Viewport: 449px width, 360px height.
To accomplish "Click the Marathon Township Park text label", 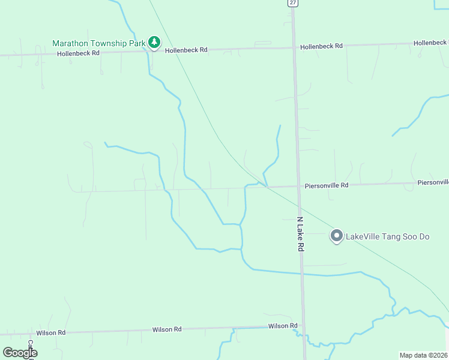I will pyautogui.click(x=99, y=43).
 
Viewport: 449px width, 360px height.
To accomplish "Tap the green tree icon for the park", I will pyautogui.click(x=155, y=43).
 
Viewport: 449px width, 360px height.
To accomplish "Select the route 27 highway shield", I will pyautogui.click(x=292, y=3).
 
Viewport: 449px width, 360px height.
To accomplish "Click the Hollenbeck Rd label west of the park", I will pyautogui.click(x=77, y=53).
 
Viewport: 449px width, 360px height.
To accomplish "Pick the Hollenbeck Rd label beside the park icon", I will pyautogui.click(x=186, y=50).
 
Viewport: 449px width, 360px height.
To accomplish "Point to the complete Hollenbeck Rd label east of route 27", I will pyautogui.click(x=321, y=46).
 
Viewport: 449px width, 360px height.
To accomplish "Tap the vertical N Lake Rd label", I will pyautogui.click(x=301, y=234).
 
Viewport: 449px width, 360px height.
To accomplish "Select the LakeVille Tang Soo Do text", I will pyautogui.click(x=388, y=236).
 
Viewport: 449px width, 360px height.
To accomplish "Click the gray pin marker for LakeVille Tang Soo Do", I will pyautogui.click(x=337, y=236).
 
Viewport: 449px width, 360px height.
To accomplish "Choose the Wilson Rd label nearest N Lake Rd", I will pyautogui.click(x=283, y=326).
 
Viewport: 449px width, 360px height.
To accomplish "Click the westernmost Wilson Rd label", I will pyautogui.click(x=50, y=332).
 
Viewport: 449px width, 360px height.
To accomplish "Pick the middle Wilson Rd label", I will pyautogui.click(x=167, y=329).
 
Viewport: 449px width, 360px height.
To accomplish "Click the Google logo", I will pyautogui.click(x=20, y=353).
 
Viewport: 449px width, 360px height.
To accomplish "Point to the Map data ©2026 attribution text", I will pyautogui.click(x=424, y=355).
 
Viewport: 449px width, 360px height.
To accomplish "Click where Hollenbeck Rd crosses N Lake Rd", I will pyautogui.click(x=294, y=47).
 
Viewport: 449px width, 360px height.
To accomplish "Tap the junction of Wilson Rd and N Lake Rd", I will pyautogui.click(x=304, y=326).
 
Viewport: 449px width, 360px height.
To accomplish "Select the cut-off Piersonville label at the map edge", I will pyautogui.click(x=433, y=182).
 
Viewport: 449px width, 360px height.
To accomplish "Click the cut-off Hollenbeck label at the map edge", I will pyautogui.click(x=430, y=43).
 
